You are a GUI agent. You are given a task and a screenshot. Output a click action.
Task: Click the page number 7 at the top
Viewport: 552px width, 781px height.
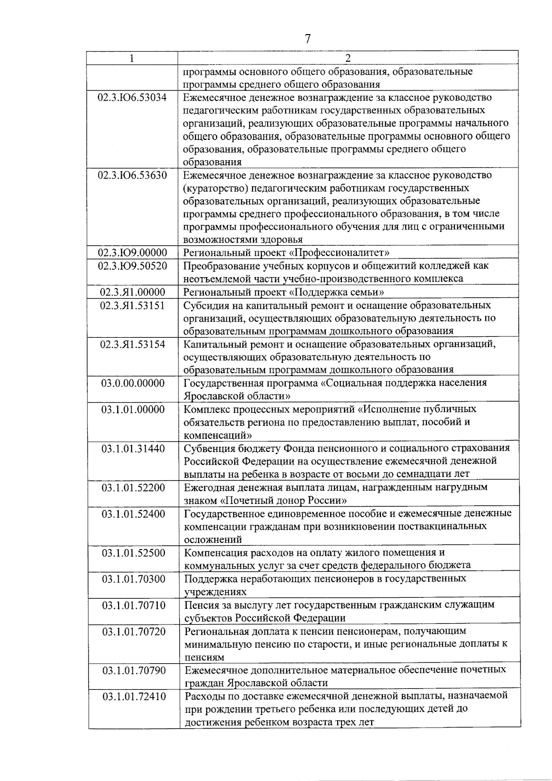click(308, 39)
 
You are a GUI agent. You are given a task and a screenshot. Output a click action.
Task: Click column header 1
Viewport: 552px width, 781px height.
click(132, 58)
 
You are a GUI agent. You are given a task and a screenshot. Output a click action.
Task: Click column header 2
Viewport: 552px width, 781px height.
click(348, 58)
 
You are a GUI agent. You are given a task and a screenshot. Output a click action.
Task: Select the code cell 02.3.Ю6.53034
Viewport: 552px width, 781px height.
click(132, 98)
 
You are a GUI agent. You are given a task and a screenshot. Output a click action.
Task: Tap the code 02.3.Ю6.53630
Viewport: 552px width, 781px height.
click(132, 175)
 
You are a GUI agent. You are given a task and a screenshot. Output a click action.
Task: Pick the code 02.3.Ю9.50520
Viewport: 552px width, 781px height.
click(132, 266)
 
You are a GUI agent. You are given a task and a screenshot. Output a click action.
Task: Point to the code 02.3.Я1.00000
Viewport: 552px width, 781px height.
click(132, 292)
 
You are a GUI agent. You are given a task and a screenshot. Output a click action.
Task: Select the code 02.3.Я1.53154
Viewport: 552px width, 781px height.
click(132, 344)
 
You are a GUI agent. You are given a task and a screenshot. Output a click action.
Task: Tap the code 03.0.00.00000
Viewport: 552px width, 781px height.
click(132, 383)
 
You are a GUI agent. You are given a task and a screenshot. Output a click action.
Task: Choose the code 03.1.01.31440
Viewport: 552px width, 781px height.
click(133, 448)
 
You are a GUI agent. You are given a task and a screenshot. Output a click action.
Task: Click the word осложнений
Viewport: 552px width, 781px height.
click(213, 539)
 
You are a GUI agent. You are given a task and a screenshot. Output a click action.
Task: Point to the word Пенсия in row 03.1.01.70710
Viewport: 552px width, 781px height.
click(201, 605)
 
